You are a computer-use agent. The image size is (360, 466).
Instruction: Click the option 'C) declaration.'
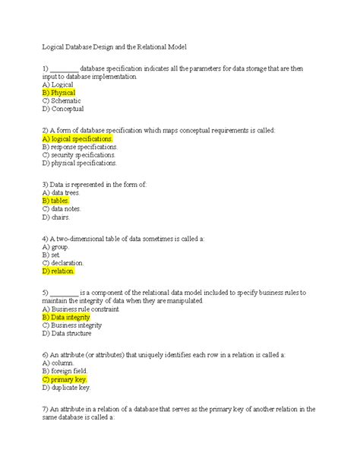(x=62, y=263)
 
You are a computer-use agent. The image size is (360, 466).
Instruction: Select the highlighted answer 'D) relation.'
(x=58, y=271)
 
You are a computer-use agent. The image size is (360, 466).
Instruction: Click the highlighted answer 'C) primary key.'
(x=65, y=379)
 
